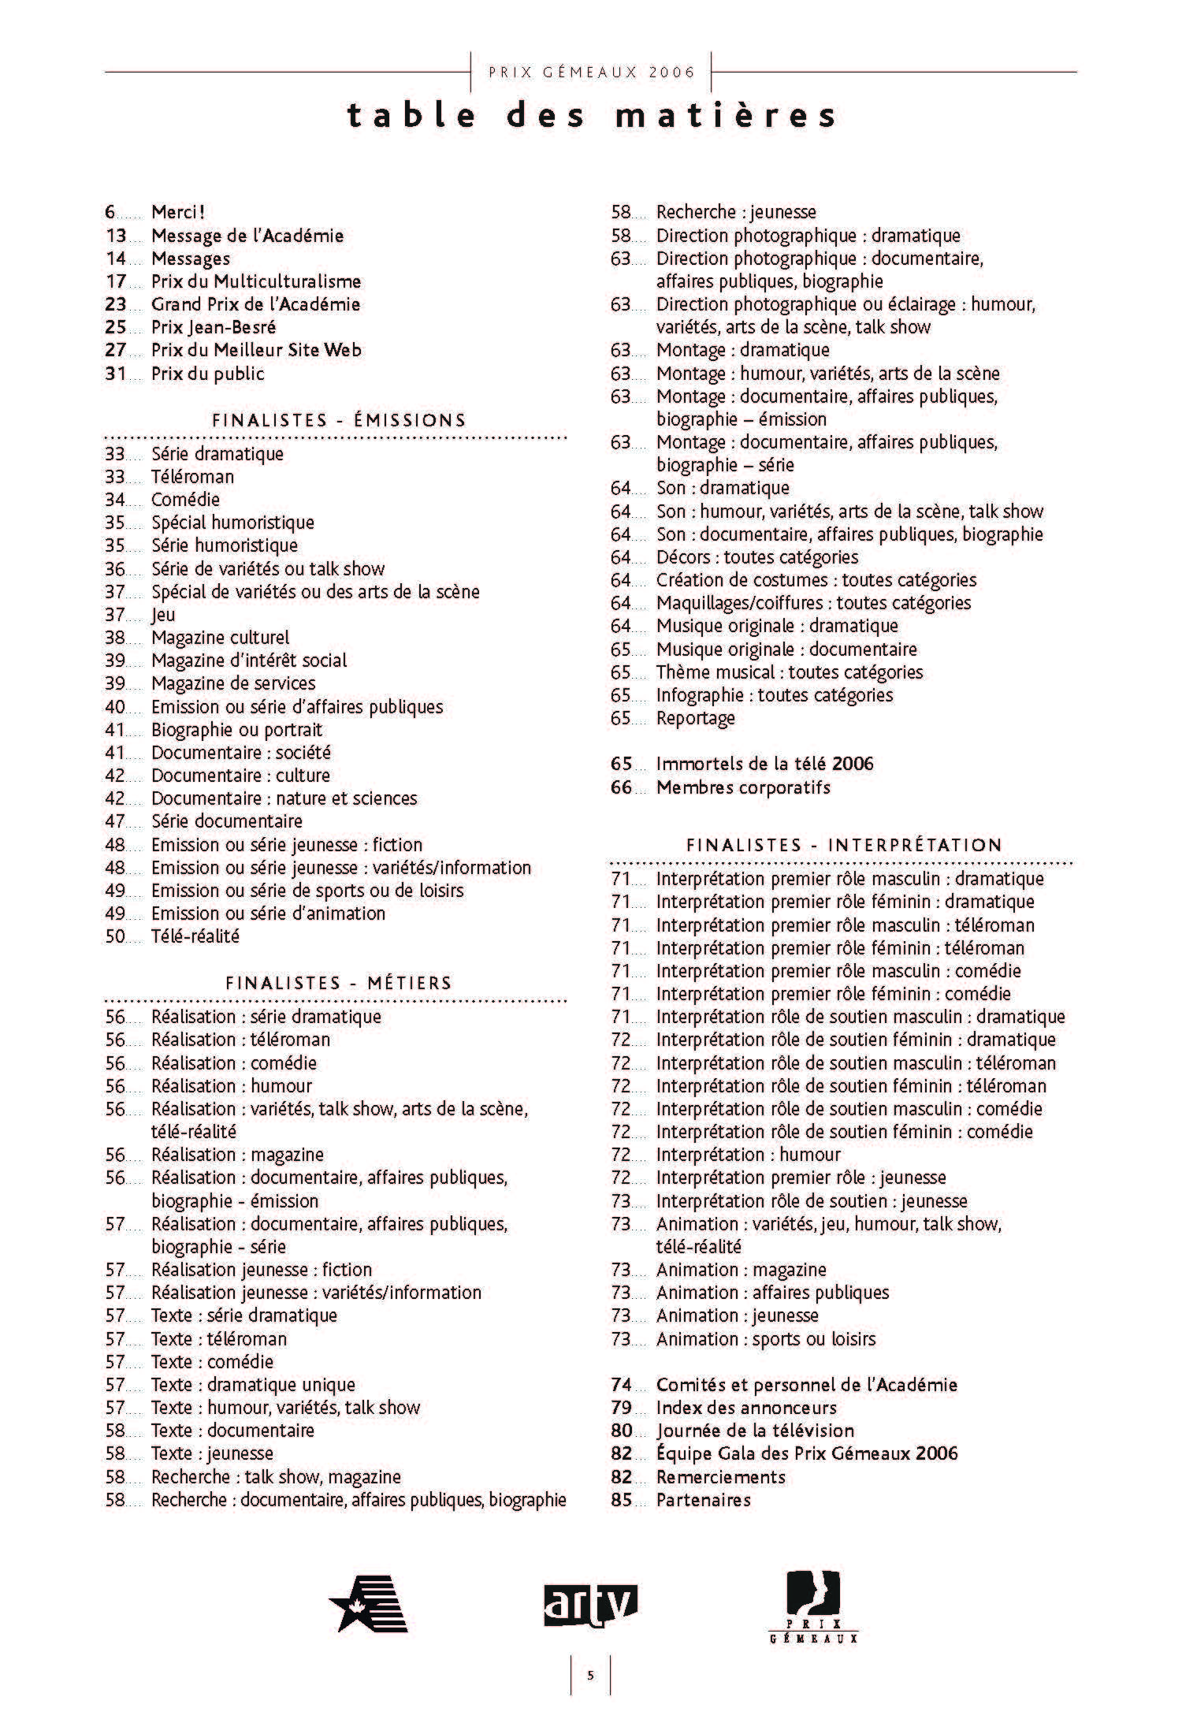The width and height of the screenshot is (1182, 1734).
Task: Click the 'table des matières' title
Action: [x=591, y=116]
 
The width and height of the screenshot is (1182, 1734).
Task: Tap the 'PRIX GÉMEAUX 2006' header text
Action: [x=592, y=73]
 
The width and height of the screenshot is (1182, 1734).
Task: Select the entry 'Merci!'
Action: [x=178, y=212]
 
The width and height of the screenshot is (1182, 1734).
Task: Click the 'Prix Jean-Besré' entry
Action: [x=214, y=327]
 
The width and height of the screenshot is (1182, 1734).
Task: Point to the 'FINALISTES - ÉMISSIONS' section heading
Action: [x=339, y=420]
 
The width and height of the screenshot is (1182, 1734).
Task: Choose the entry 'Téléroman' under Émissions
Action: [x=192, y=477]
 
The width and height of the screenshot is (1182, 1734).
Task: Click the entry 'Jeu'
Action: [x=163, y=615]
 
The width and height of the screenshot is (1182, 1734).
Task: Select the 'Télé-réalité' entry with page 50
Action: [x=195, y=936]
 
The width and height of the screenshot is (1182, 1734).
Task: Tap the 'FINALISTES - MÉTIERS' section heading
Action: [x=339, y=983]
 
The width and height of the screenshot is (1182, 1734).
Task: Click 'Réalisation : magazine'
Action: [x=237, y=1155]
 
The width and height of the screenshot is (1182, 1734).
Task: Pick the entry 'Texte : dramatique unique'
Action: [x=253, y=1385]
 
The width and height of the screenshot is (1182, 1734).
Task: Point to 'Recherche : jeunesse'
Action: [x=735, y=212]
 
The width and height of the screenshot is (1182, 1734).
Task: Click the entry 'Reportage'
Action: [x=695, y=718]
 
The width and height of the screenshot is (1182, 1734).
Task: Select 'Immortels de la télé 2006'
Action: [x=764, y=764]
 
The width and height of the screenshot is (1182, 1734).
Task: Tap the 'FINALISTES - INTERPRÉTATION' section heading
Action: [x=844, y=845]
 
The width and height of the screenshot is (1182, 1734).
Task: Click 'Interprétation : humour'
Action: [x=748, y=1155]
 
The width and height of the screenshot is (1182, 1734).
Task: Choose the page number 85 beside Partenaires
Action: [x=621, y=1500]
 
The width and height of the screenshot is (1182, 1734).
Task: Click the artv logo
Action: [x=590, y=1606]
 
